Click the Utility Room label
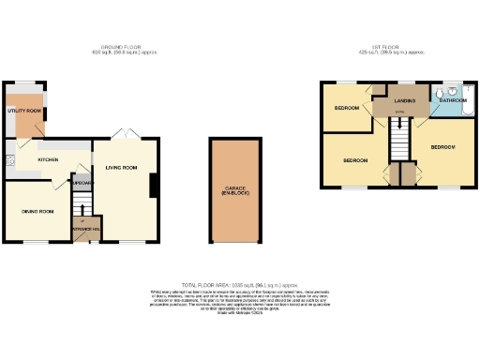(24, 111)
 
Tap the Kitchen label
(48, 160)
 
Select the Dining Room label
(37, 211)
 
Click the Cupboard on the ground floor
(82, 183)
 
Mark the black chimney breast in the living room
(153, 187)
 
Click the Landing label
(405, 101)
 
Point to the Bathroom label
(454, 99)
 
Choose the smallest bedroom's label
(347, 108)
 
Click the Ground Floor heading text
(128, 48)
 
